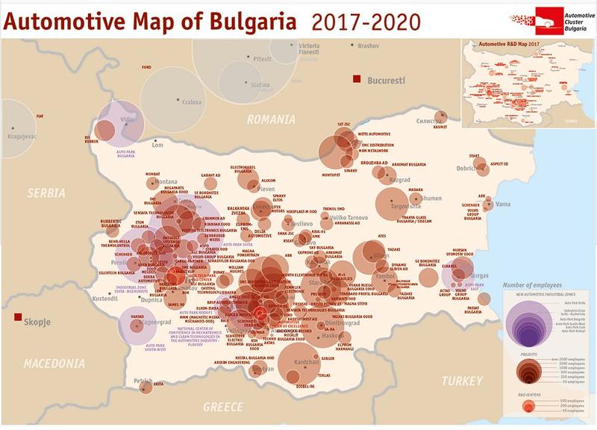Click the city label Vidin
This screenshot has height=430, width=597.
pyautogui.click(x=128, y=119)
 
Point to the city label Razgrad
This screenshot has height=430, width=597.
pyautogui.click(x=401, y=180)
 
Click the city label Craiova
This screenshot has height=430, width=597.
pyautogui.click(x=192, y=102)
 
